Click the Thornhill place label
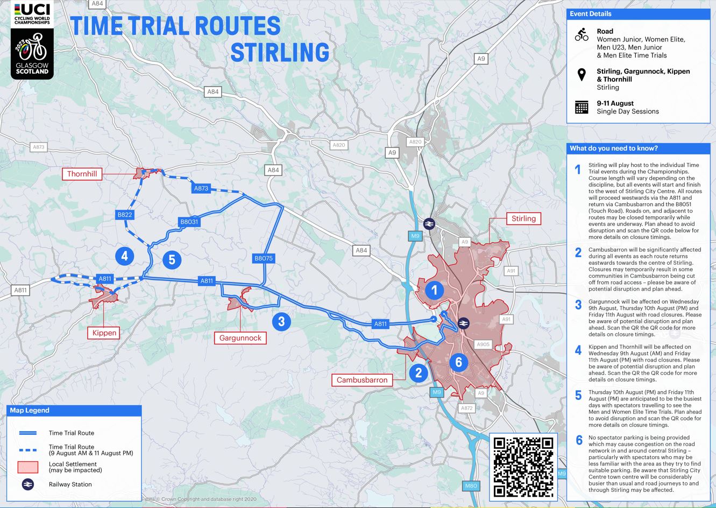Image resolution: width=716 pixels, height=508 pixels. pos(82,174)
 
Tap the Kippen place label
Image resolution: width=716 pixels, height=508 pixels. pos(104,333)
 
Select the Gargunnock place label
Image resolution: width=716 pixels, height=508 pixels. pos(240,338)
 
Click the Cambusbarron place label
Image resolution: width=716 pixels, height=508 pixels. pos(362,380)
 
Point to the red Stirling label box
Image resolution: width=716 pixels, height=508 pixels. pos(523,218)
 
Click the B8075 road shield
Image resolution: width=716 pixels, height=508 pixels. pos(264,258)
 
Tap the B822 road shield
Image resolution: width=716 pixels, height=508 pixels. pos(125,215)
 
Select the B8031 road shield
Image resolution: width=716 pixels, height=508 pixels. pos(189,222)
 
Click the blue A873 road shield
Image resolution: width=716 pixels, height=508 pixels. pos(201,188)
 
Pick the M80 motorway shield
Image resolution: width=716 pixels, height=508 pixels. pos(471,486)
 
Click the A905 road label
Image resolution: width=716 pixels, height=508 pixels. pos(483,344)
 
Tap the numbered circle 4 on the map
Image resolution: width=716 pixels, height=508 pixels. pos(125,256)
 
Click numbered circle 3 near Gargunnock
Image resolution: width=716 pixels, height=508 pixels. pos(281,322)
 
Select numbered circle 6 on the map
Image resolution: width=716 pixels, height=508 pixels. pos(458,362)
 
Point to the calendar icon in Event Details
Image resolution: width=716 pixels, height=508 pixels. pos(582,107)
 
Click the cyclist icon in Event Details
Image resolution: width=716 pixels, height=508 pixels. pos(582,35)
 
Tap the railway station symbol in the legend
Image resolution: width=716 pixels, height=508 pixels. pos(28,484)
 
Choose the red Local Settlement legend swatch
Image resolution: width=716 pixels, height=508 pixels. pos(28,467)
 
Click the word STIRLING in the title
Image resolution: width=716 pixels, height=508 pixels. pos(280,52)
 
